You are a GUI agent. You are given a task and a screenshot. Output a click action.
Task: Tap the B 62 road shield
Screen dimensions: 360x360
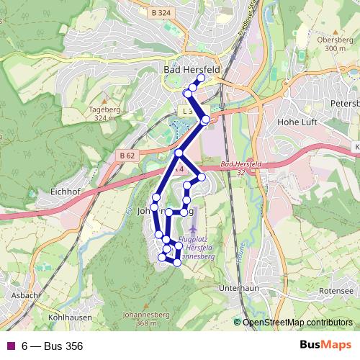click(x=127, y=156)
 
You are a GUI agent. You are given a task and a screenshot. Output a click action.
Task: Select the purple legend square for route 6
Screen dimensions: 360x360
click(x=10, y=346)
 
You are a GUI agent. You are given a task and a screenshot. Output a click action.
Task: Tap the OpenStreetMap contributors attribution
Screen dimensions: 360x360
click(x=297, y=323)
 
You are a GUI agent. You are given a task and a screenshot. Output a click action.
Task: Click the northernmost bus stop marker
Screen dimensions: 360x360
click(x=201, y=78)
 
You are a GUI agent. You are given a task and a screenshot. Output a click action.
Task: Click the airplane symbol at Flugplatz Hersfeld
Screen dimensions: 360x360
click(x=194, y=228)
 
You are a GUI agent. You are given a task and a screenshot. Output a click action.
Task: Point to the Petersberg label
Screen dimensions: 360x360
click(x=345, y=103)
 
